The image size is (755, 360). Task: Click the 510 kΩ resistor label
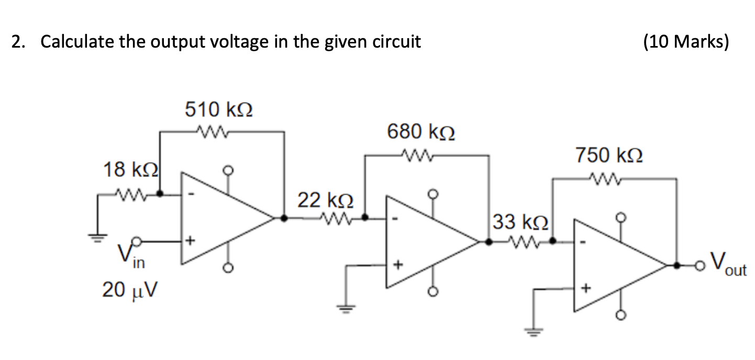[x=219, y=110]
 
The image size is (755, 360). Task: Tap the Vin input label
[x=131, y=256]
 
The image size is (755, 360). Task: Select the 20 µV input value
[x=129, y=290]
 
